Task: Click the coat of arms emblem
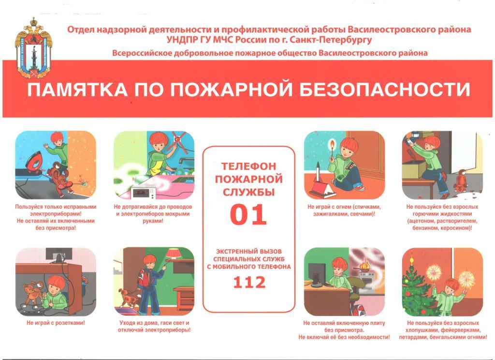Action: (33, 48)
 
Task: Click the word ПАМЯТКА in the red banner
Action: (77, 90)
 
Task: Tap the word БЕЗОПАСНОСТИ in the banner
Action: (385, 90)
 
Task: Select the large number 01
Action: (248, 215)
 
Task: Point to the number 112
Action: (249, 282)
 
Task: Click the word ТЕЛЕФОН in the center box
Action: (249, 166)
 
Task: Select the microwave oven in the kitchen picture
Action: (144, 192)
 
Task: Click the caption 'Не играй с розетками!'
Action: (56, 323)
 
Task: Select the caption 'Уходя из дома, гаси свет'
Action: (154, 323)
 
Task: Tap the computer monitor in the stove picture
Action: (317, 274)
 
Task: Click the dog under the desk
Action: (32, 293)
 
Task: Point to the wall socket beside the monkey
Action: (84, 183)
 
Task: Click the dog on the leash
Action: (129, 298)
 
